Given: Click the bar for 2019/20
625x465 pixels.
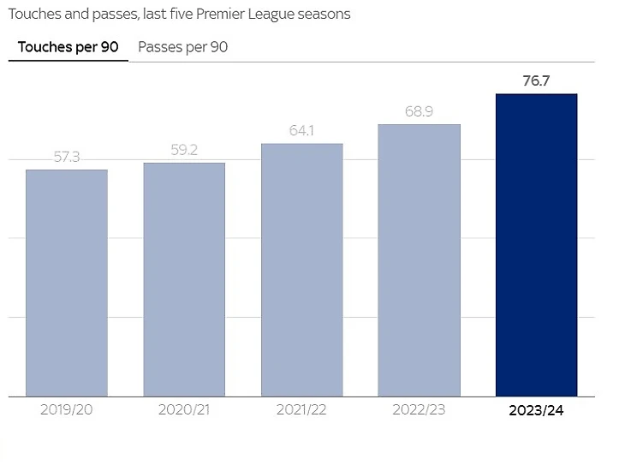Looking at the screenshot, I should [67, 283].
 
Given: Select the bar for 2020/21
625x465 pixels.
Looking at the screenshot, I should [184, 279].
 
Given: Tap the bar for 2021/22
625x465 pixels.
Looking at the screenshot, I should [301, 270].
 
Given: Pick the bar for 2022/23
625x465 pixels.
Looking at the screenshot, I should [420, 260].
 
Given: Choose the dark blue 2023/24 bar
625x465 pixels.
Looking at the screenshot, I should [537, 245].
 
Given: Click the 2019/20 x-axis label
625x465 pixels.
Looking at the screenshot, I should [67, 409].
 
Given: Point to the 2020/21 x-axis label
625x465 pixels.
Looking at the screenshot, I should [184, 409].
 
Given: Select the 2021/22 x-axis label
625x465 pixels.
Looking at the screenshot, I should [301, 409].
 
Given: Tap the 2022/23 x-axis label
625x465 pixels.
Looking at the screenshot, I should [420, 409].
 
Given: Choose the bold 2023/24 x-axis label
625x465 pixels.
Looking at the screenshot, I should [537, 409].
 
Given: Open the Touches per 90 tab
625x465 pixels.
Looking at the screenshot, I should [68, 47].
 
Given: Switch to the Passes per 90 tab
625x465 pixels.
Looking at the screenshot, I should [182, 47].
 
